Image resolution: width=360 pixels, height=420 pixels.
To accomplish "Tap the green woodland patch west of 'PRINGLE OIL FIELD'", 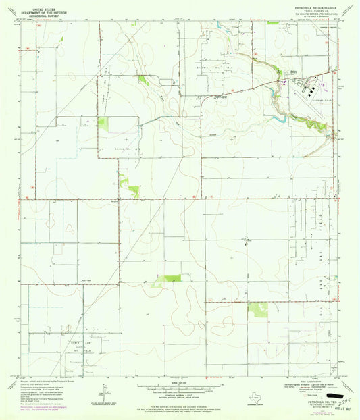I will pos(103,124).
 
